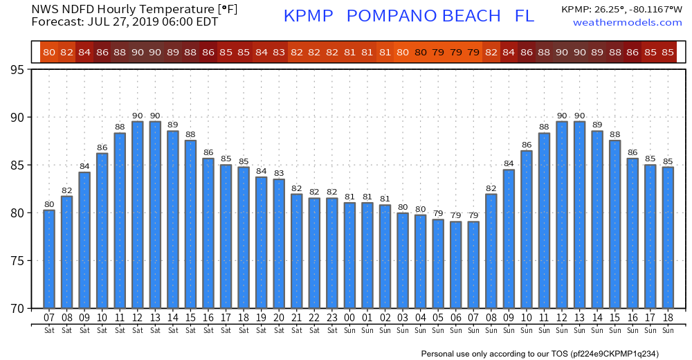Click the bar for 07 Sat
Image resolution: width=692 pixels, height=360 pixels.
click(x=49, y=259)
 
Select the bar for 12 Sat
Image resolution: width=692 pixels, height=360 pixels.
click(x=137, y=215)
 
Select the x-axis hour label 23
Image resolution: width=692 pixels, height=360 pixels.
click(x=331, y=318)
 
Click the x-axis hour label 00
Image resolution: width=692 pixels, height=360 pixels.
click(x=349, y=318)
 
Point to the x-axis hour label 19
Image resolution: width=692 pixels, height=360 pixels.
click(x=261, y=318)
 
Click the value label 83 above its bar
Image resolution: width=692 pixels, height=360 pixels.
click(x=279, y=173)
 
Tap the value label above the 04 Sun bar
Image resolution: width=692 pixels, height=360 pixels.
click(x=420, y=208)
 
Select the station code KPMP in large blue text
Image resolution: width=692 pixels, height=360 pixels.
click(x=309, y=16)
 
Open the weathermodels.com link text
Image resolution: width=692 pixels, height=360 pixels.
click(x=628, y=23)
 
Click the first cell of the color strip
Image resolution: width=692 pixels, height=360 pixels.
click(x=48, y=52)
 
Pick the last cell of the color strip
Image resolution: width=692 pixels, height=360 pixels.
click(x=668, y=52)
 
